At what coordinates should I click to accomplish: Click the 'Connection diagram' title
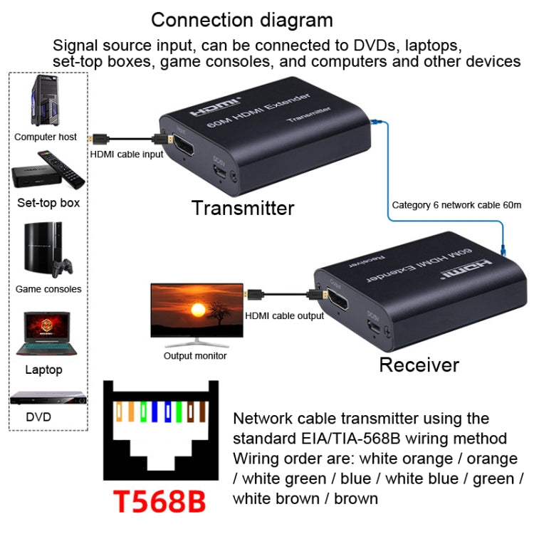241,19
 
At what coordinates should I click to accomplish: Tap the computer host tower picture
44,102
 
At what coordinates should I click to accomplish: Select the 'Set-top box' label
48,202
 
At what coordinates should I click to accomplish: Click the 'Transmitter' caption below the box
243,208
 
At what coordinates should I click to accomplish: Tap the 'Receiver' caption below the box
419,365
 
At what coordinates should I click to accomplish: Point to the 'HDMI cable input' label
127,154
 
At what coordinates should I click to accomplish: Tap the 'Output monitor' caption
195,356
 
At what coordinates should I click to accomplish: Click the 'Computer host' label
46,137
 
